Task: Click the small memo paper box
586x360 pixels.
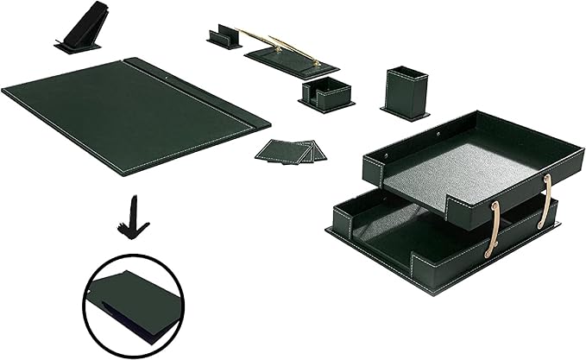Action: coord(327,93)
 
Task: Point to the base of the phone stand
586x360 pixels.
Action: coord(78,47)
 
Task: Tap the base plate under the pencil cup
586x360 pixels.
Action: coord(406,113)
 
